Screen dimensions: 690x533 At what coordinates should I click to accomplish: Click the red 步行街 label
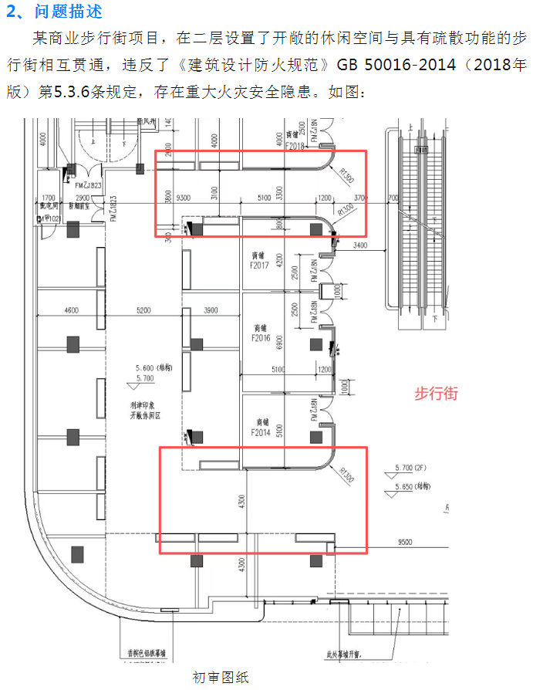(x=436, y=394)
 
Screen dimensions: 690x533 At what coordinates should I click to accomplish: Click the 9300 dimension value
(x=184, y=198)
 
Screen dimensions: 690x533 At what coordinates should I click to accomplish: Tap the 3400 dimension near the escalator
(x=359, y=246)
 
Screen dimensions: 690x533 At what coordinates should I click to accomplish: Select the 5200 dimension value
(x=143, y=310)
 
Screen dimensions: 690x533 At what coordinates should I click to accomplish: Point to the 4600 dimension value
(x=71, y=310)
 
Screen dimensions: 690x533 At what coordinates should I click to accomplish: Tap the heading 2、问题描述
(x=53, y=12)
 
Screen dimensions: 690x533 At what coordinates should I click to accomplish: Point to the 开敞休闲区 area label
(x=144, y=414)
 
